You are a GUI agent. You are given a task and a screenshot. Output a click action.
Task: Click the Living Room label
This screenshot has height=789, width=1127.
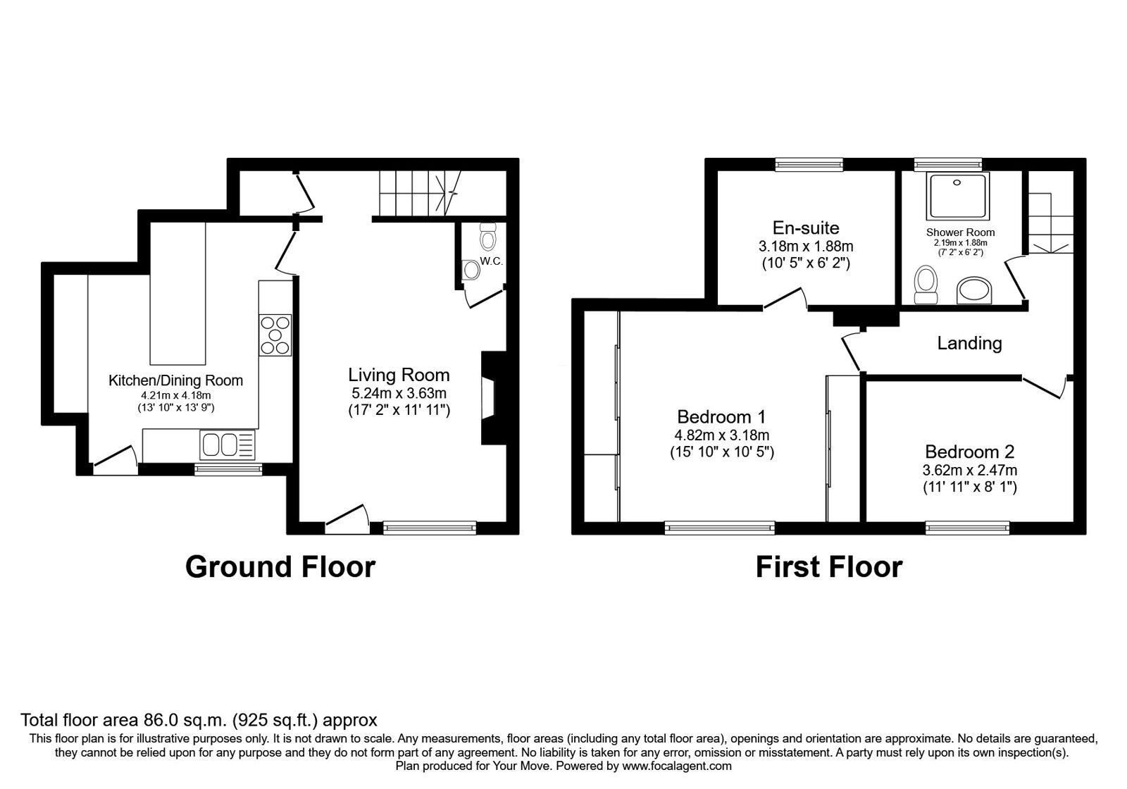coord(399,375)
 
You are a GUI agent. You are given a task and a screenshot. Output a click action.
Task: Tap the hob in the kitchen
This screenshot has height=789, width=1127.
coord(275,335)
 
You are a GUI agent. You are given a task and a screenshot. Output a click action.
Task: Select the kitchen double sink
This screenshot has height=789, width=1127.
coord(228,445)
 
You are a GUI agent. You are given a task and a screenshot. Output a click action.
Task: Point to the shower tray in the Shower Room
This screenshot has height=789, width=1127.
coord(958,197)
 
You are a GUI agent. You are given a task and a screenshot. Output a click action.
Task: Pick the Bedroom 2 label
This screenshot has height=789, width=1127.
coord(969,452)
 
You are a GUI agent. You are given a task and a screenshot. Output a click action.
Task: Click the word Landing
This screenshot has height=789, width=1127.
coord(969,343)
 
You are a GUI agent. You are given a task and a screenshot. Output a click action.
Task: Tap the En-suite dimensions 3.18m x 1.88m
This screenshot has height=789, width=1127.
coord(806,247)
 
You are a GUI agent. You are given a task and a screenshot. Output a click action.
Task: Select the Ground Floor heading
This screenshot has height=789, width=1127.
coord(280,566)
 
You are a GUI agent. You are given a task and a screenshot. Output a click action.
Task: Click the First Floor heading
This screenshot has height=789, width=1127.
coord(829,567)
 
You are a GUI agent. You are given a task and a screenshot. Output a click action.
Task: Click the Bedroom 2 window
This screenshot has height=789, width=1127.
coord(968,528)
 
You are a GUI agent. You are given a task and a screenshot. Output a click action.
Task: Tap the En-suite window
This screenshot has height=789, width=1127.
coord(809,165)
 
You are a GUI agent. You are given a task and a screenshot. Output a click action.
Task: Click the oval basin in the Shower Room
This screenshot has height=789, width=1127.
coord(975,290)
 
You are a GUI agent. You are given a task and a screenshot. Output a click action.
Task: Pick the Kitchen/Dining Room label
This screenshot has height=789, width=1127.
coord(175,380)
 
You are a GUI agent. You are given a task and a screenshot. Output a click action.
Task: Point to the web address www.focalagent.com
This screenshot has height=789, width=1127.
coord(677,766)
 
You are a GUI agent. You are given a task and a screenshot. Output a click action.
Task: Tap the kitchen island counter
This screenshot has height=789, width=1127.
coord(178,293)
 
